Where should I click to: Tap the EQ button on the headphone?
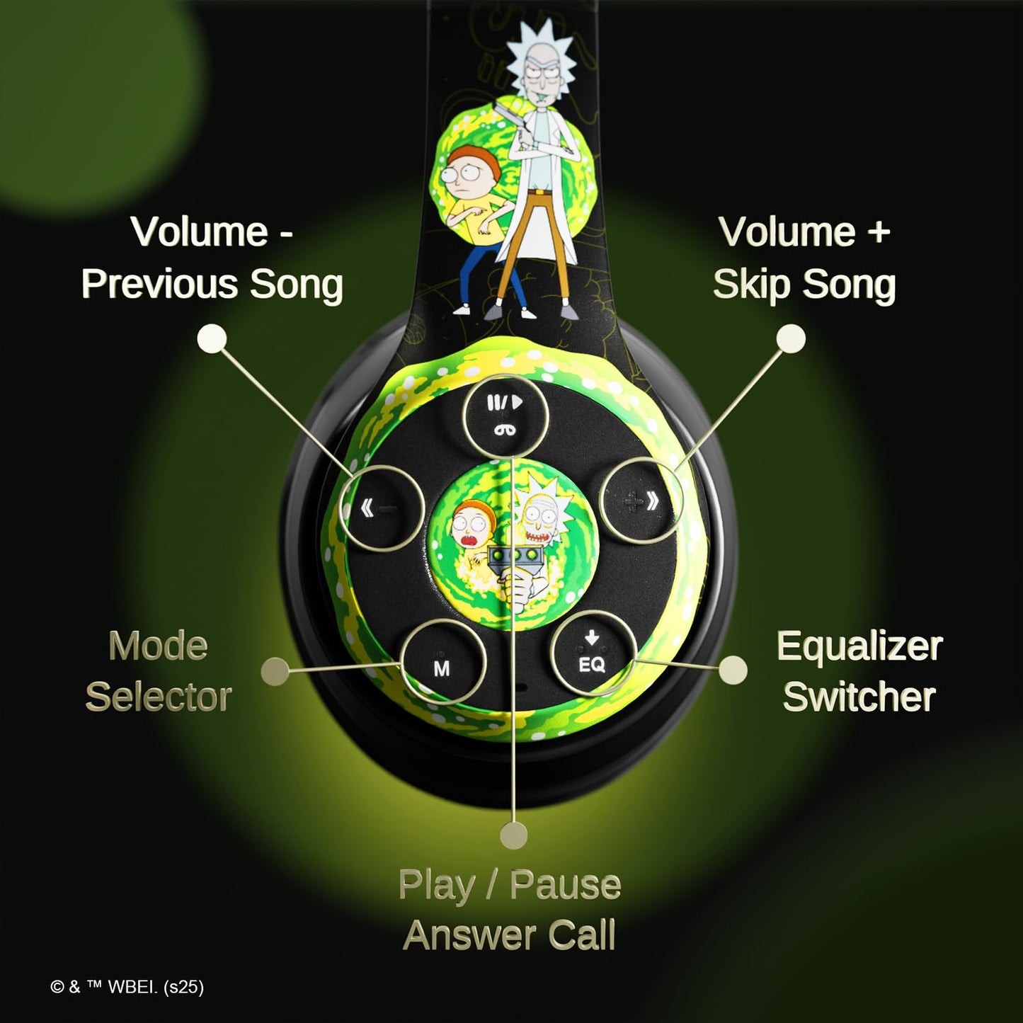click(x=593, y=653)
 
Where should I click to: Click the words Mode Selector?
click(x=159, y=671)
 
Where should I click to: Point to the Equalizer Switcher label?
click(x=859, y=671)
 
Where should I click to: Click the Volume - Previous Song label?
click(x=212, y=258)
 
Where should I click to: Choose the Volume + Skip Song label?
click(x=804, y=259)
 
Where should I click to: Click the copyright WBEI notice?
click(x=127, y=987)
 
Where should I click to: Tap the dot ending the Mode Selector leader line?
click(x=275, y=672)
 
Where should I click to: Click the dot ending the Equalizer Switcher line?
click(x=733, y=670)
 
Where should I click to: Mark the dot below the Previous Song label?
click(x=212, y=338)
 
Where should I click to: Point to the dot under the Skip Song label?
click(x=791, y=338)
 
